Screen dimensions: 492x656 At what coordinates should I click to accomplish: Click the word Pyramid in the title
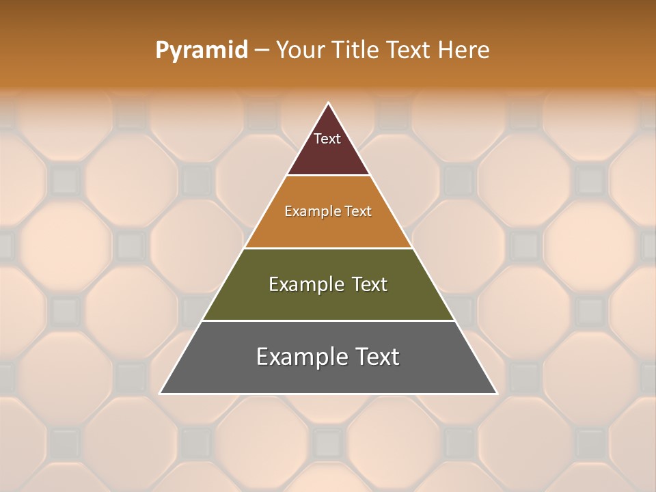click(x=201, y=51)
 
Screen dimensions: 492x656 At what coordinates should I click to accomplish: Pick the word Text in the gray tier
click(x=375, y=357)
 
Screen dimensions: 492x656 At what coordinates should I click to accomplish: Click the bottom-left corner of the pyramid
click(x=161, y=393)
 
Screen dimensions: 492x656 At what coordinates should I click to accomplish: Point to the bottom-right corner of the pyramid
click(x=496, y=393)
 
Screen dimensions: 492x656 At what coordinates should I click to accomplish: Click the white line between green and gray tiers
click(x=328, y=320)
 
